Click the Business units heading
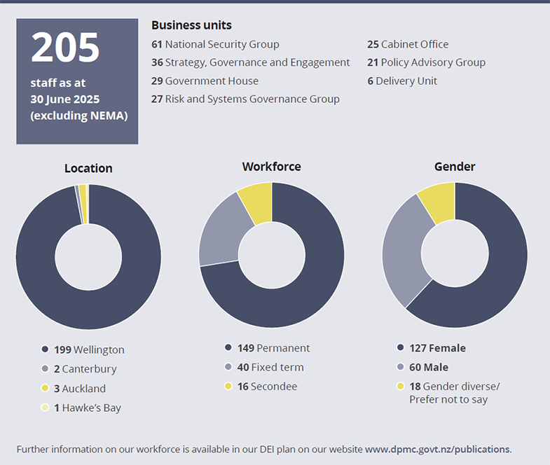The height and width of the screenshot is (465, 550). tap(191, 25)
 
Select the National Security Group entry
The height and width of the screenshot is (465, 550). tap(215, 44)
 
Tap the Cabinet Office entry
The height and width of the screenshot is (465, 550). tap(408, 44)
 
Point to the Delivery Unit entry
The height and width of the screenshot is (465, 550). tap(402, 81)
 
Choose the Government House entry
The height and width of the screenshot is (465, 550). tap(205, 81)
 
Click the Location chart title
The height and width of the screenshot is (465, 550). tap(88, 168)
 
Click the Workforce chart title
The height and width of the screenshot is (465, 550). tap(271, 167)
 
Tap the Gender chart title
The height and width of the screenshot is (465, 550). tap(455, 167)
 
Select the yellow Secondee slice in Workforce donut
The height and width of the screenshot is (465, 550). tap(256, 202)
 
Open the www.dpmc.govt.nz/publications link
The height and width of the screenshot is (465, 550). tap(438, 449)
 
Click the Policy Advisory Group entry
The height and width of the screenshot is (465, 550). tap(426, 62)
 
